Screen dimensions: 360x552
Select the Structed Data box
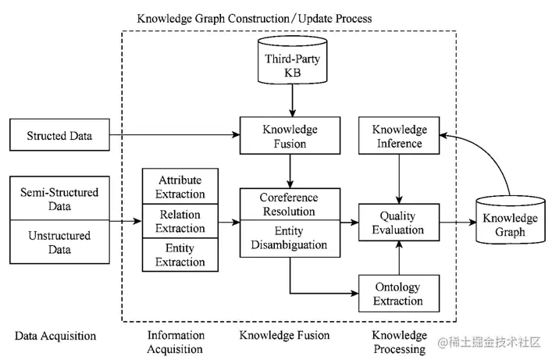59,136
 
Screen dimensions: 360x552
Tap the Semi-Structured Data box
59,198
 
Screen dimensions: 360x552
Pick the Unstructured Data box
59,242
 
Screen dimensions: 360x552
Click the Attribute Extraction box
181,187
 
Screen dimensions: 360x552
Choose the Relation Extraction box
181,221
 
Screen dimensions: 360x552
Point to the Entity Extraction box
181,255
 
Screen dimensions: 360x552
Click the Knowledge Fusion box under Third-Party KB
290,136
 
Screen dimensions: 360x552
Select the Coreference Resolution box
289,205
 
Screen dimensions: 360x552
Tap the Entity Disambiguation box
289,238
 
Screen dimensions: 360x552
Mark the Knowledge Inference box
399,136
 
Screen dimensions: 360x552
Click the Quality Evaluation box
398,222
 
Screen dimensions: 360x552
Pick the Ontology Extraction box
398,294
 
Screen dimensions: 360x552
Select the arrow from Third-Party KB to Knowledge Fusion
290,100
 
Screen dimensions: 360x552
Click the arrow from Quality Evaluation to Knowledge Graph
456,222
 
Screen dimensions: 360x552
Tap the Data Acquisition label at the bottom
55,337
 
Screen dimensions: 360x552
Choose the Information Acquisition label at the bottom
176,342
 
